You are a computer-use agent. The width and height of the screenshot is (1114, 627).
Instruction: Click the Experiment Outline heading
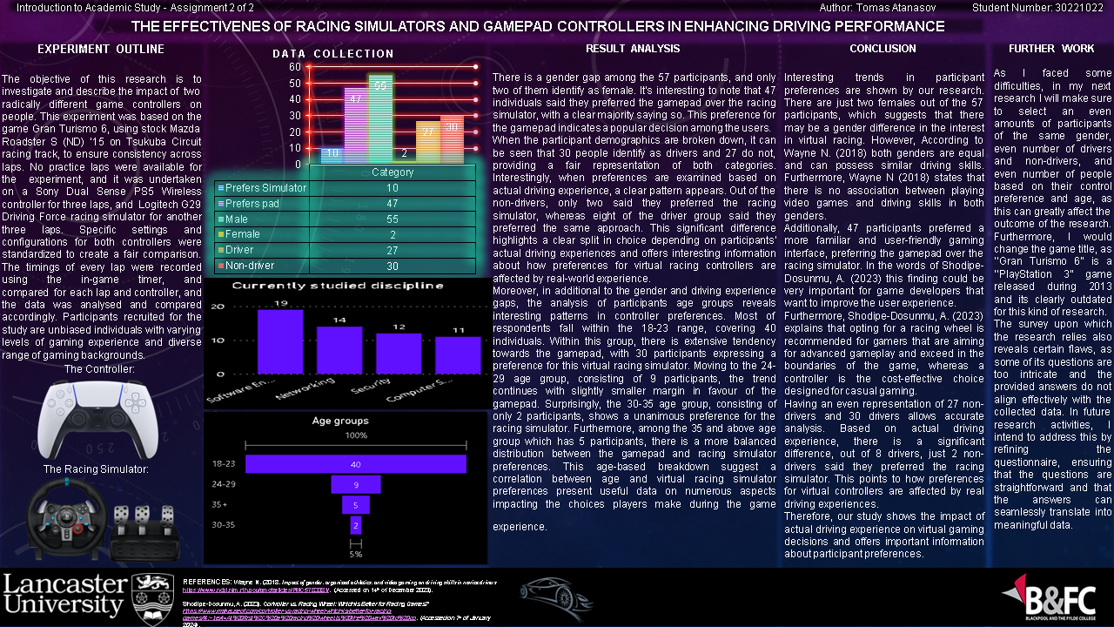pos(101,49)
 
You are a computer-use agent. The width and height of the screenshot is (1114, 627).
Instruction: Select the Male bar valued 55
pos(380,118)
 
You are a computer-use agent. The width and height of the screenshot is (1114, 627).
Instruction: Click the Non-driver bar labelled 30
pos(452,139)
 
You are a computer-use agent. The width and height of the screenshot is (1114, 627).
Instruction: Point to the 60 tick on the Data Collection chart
pos(295,67)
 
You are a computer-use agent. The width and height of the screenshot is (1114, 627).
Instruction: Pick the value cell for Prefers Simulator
pos(393,188)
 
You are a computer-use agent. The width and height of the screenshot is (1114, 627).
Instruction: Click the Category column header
pos(393,172)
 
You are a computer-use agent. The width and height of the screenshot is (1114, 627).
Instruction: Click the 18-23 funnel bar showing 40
pos(356,464)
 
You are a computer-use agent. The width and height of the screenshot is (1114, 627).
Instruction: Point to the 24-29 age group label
pos(224,484)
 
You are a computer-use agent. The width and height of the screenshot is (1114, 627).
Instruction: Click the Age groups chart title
pos(340,421)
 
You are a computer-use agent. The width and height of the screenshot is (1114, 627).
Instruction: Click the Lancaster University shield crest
pos(152,596)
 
